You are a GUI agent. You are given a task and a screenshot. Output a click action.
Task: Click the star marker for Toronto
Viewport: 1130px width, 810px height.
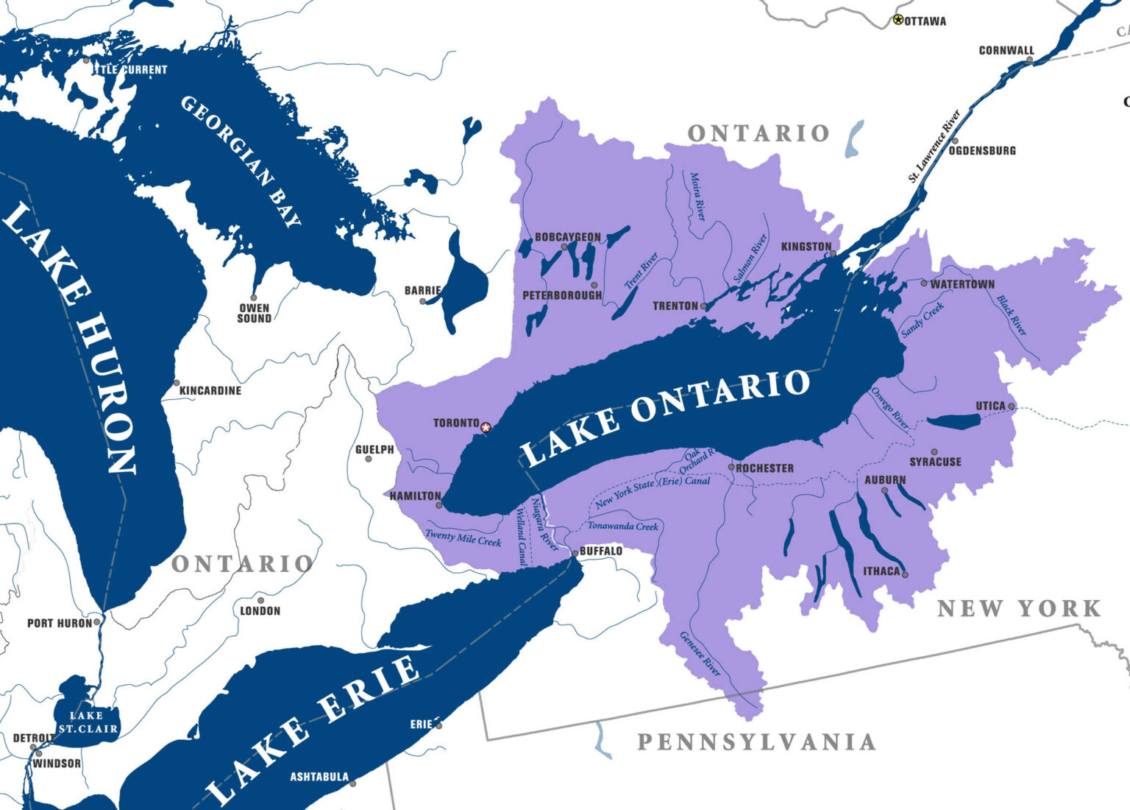point(485,427)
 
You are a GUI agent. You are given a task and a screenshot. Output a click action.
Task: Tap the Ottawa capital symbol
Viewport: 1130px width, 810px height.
point(898,20)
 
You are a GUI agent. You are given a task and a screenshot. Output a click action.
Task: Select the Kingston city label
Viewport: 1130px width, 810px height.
point(806,247)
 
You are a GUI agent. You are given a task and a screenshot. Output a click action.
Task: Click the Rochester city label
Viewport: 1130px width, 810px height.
point(764,468)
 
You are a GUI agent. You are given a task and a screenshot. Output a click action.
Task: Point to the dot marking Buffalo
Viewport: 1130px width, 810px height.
point(575,552)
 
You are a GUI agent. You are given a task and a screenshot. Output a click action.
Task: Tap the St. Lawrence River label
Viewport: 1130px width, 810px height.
point(934,146)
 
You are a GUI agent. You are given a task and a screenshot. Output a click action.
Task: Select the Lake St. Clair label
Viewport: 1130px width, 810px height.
point(88,722)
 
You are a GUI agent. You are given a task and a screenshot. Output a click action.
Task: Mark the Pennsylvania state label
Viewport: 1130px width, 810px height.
point(756,742)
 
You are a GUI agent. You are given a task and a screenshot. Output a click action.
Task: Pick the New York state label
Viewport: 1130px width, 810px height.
point(1019,608)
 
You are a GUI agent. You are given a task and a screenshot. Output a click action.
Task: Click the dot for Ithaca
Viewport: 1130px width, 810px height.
point(905,574)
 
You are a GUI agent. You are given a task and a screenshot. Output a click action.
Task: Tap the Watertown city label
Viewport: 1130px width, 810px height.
point(962,284)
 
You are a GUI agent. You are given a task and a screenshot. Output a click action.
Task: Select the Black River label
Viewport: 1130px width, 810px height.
point(1012,314)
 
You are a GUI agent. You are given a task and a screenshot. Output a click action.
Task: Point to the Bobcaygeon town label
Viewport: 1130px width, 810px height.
point(567,237)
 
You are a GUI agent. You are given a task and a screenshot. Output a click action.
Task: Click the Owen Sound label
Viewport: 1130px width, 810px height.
point(254,314)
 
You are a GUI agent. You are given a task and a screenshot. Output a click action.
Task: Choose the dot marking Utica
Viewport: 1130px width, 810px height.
point(1012,406)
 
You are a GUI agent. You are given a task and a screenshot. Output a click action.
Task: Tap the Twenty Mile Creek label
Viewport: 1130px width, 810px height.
point(463,538)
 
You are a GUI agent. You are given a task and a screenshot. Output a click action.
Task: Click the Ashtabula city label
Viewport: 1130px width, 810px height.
point(319,777)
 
